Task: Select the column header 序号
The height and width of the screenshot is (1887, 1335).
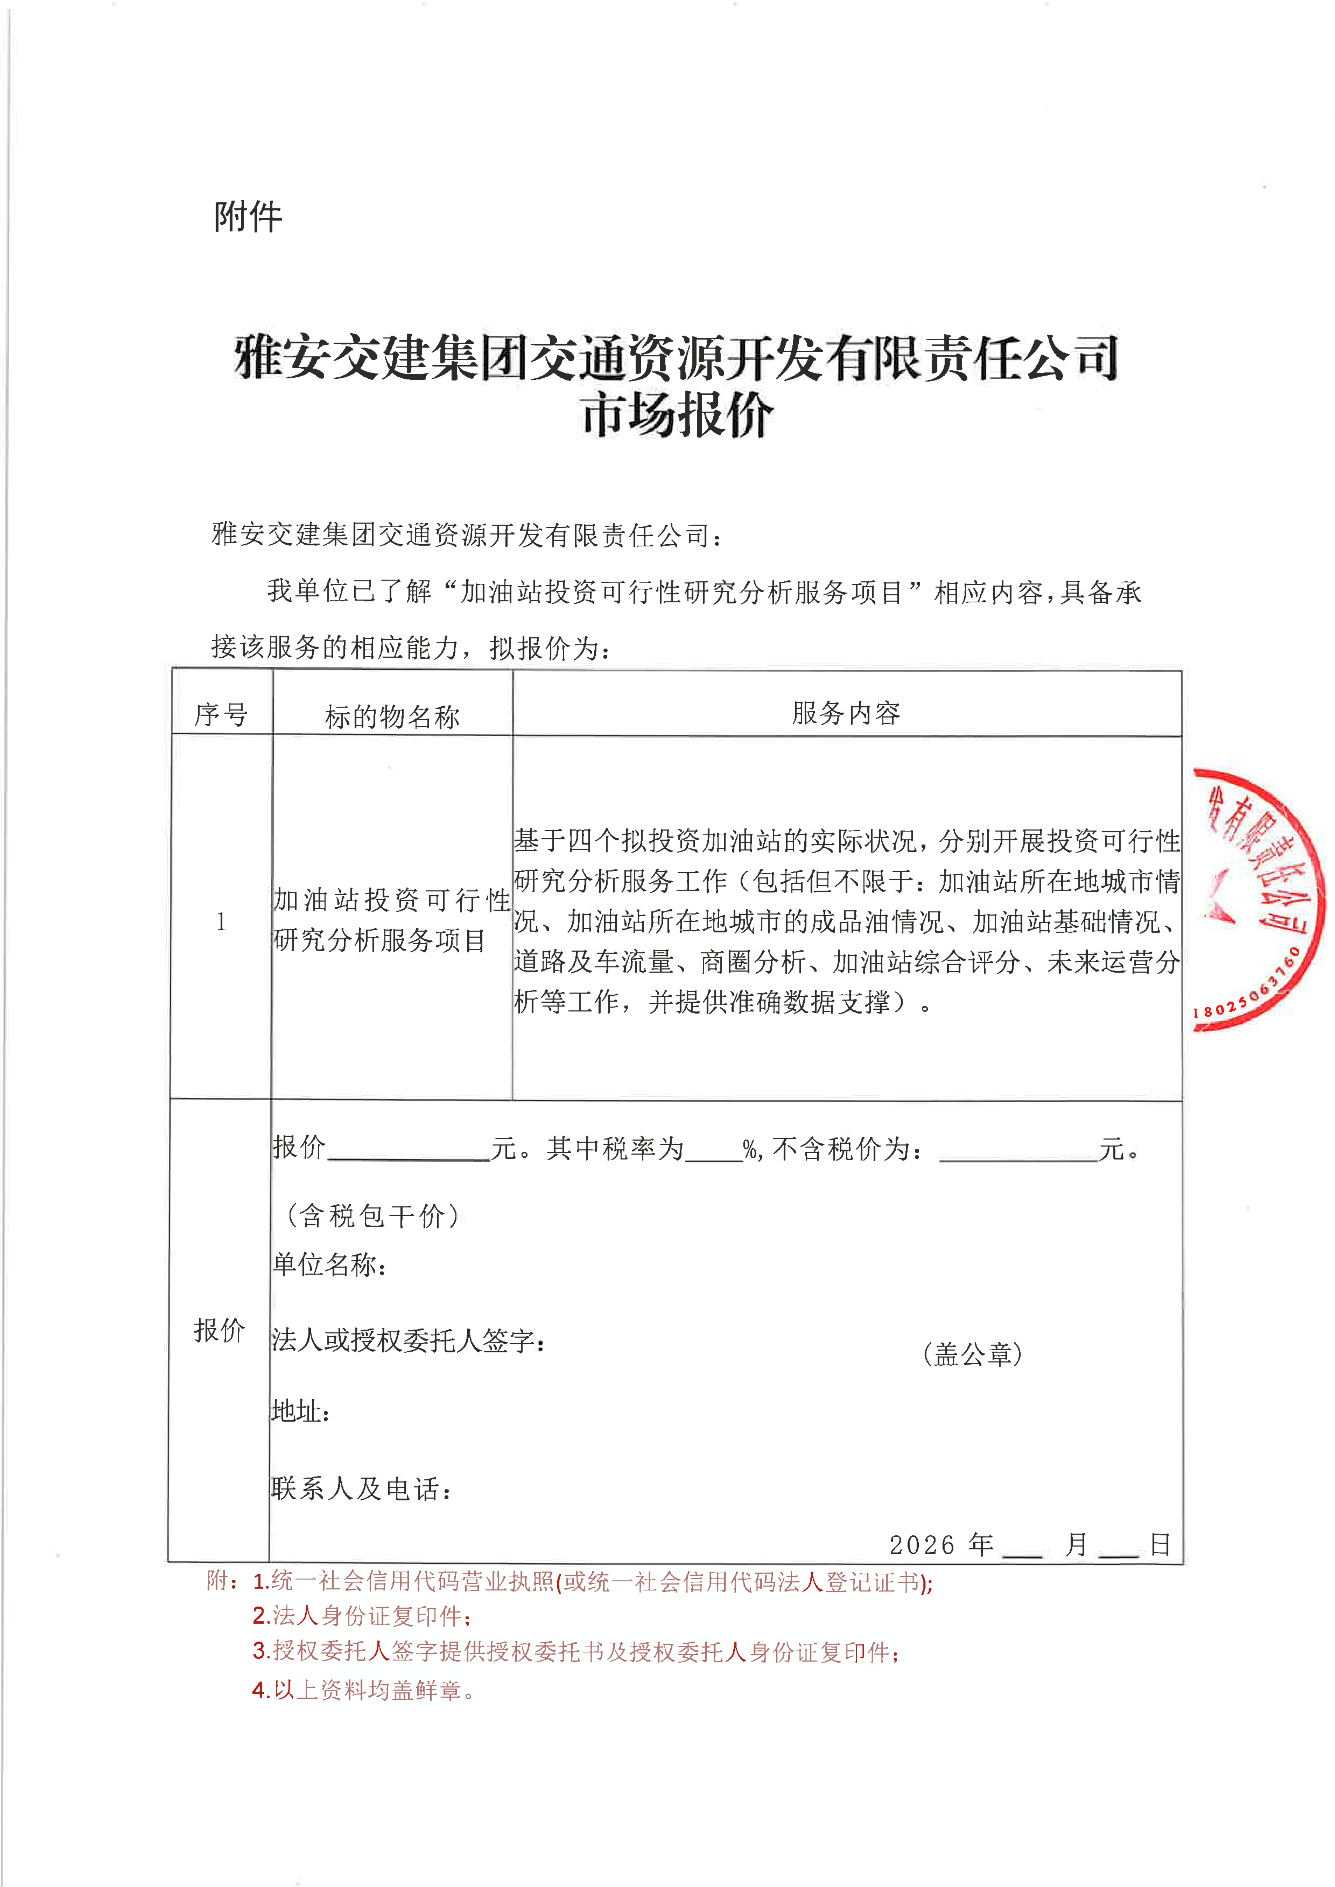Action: [x=220, y=714]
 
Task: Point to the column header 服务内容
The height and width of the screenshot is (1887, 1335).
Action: [x=846, y=713]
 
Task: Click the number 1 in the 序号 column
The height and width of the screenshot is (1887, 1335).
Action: [x=220, y=921]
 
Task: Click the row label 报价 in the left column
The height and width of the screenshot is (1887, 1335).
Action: [x=219, y=1329]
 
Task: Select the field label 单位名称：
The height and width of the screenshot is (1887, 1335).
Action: [x=330, y=1264]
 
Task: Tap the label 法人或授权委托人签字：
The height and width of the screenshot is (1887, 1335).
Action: [x=408, y=1340]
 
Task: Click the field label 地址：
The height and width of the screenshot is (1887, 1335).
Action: [x=301, y=1411]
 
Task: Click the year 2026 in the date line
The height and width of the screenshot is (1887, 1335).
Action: [x=921, y=1545]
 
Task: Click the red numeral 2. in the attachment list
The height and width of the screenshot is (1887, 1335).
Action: [x=261, y=1616]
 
